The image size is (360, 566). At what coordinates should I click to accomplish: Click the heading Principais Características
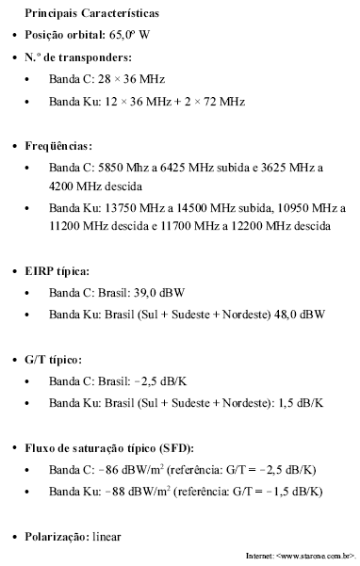(92, 15)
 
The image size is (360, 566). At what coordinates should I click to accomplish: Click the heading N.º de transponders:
(78, 57)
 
